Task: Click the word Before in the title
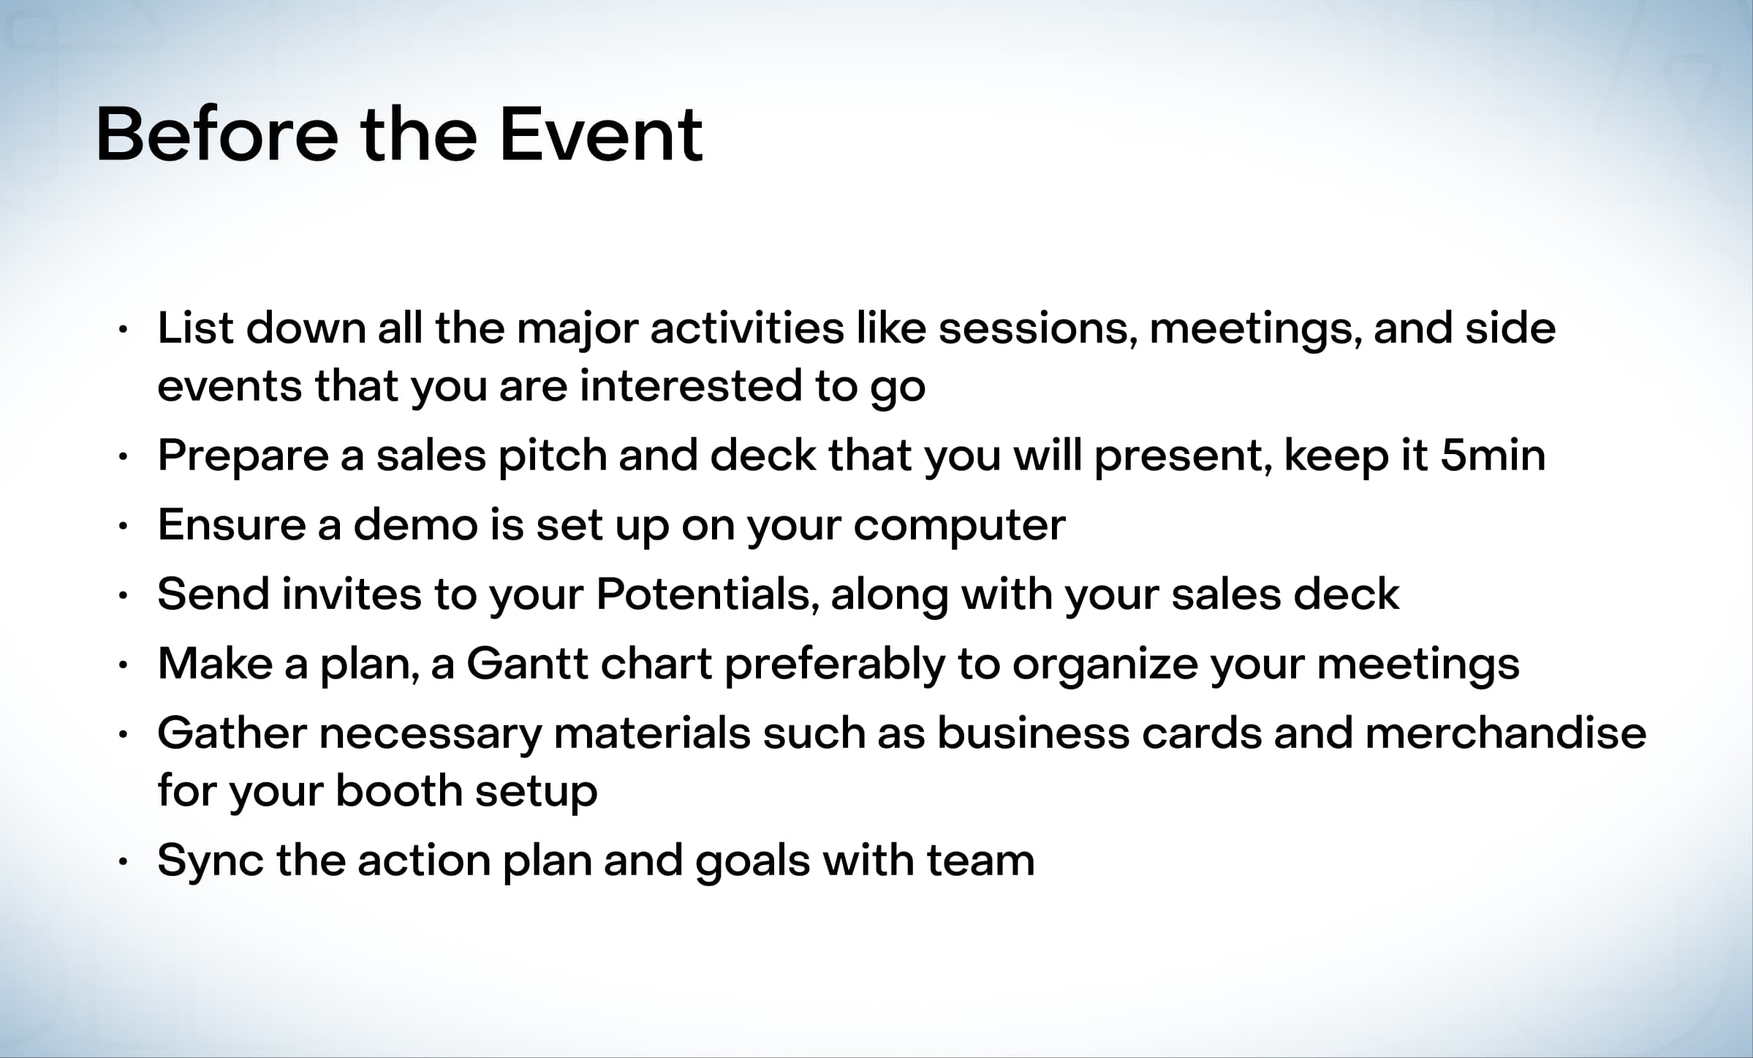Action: (217, 135)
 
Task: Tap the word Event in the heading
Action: (601, 135)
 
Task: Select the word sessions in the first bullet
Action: (1037, 328)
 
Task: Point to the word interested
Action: (691, 385)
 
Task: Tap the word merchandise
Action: (1505, 733)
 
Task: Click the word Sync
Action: (211, 861)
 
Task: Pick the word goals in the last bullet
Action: (753, 861)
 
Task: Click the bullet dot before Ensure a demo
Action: (124, 526)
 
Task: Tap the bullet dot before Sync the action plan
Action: (124, 861)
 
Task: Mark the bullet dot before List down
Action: (124, 330)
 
